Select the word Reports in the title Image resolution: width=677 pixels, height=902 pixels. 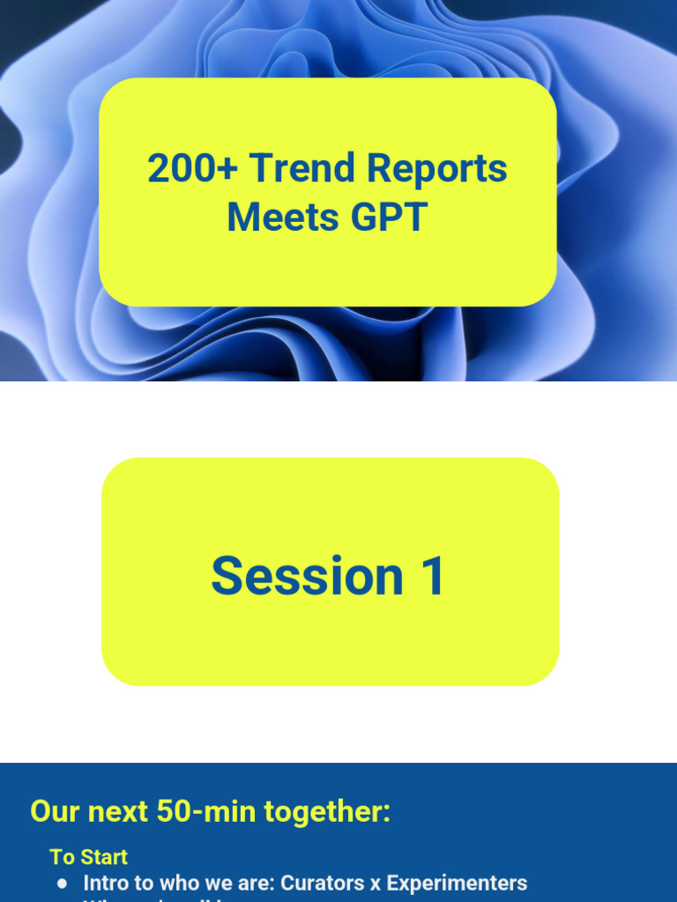pyautogui.click(x=436, y=168)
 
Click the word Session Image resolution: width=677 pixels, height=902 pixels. pyautogui.click(x=307, y=576)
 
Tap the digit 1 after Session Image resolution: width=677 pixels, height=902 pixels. pyautogui.click(x=433, y=576)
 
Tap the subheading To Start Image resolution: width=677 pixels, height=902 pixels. pyautogui.click(x=88, y=857)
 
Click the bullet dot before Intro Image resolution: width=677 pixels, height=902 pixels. pyautogui.click(x=62, y=884)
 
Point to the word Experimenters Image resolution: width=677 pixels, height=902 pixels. pyautogui.click(x=457, y=883)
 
